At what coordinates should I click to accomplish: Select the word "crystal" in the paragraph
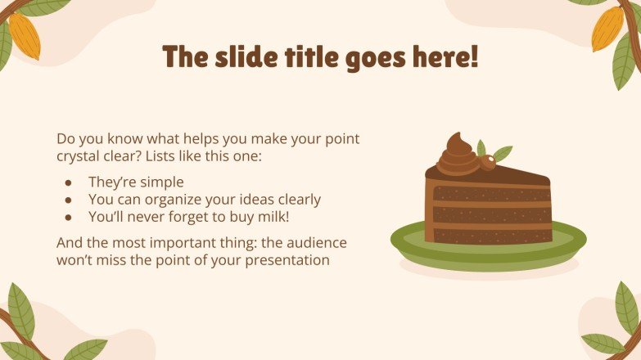coord(80,155)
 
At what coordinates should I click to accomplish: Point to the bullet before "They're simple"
coord(70,182)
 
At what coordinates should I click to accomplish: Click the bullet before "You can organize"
coord(70,200)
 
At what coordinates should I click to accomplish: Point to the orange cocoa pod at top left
coord(24,37)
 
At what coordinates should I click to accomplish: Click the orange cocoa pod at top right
coord(607,29)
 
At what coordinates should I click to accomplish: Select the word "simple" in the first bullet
coord(161,182)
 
